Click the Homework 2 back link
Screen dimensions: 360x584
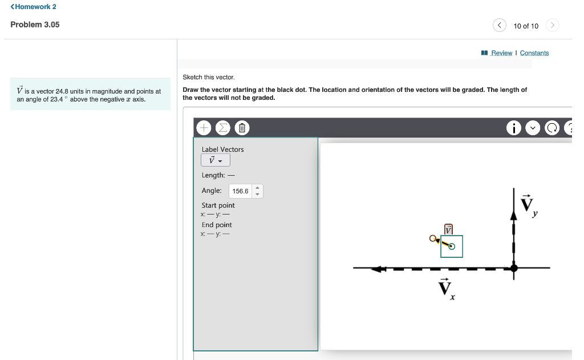point(33,7)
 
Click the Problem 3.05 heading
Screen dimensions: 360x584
point(35,25)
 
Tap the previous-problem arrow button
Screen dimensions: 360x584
point(499,25)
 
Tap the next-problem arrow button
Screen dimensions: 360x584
point(552,25)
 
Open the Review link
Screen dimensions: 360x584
point(501,53)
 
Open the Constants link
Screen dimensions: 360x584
point(534,53)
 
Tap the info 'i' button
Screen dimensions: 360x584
point(514,128)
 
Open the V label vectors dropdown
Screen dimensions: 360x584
point(215,160)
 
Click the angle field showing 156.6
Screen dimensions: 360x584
point(240,191)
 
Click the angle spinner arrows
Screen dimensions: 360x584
point(257,191)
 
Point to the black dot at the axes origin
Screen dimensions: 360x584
point(514,268)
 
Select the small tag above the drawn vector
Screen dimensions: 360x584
point(448,229)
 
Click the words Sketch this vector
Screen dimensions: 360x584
point(208,77)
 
